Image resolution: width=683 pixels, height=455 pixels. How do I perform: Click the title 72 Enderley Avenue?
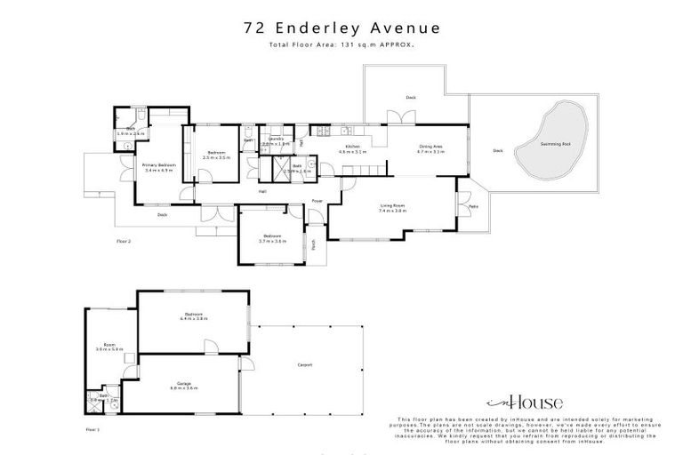click(341, 28)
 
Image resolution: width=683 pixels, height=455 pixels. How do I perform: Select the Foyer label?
click(316, 201)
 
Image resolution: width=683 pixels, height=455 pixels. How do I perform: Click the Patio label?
click(471, 208)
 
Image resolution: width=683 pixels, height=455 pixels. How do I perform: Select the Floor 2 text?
click(124, 240)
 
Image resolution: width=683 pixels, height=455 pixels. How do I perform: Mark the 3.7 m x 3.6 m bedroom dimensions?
click(270, 241)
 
